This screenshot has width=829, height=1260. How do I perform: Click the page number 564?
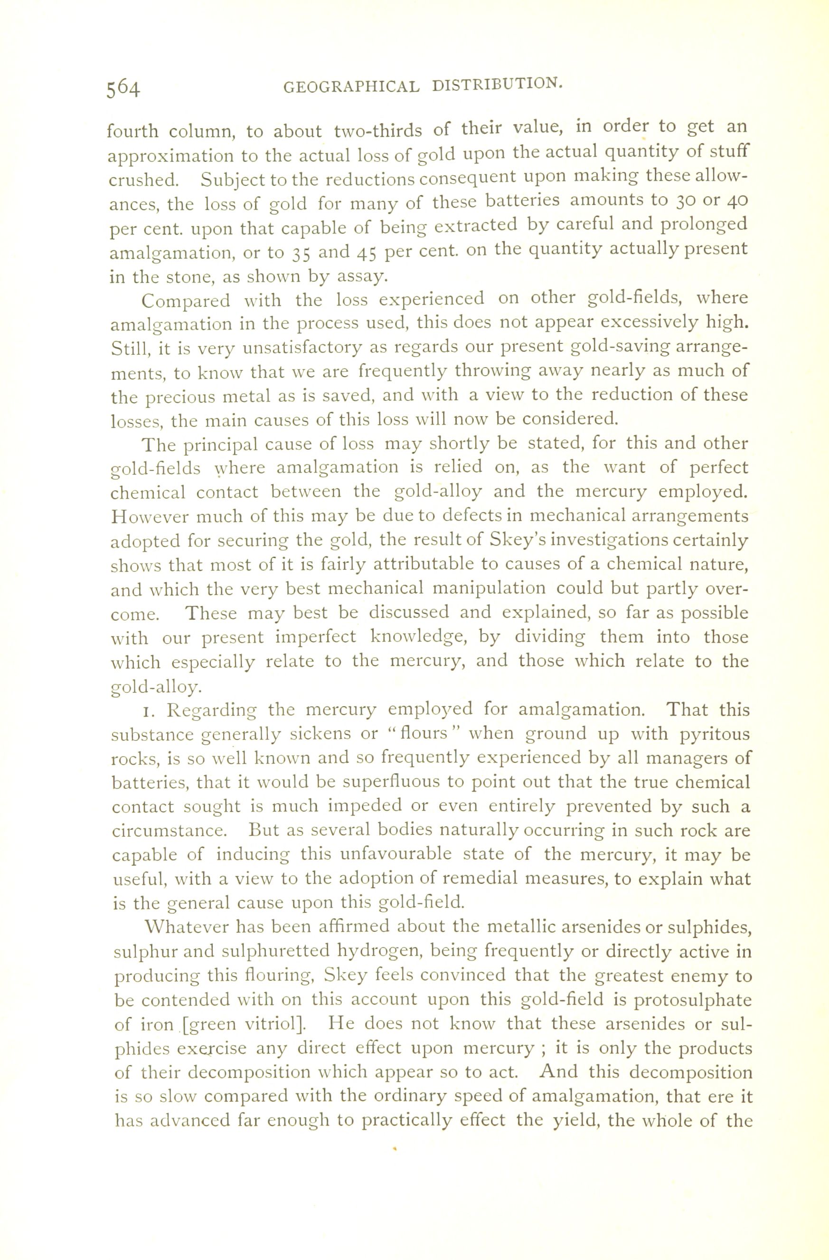coord(123,88)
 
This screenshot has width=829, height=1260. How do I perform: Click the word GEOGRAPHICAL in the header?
coord(351,86)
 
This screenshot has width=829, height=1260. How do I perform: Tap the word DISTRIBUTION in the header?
coord(496,84)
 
